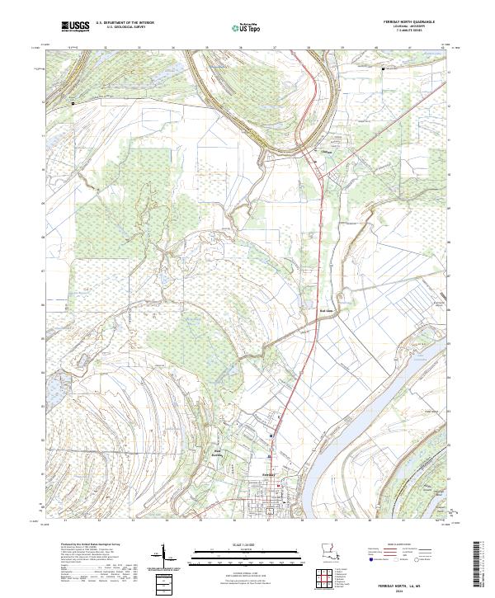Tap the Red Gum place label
click(x=324, y=311)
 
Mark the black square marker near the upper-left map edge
click(x=73, y=104)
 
